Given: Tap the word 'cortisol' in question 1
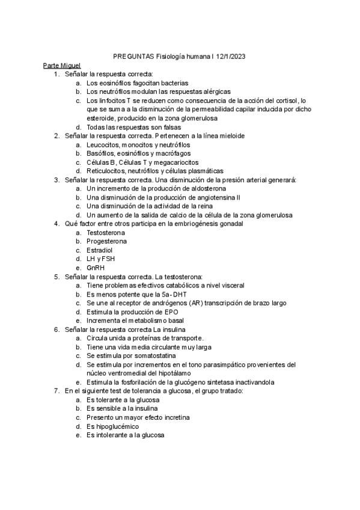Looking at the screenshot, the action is (283, 100).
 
